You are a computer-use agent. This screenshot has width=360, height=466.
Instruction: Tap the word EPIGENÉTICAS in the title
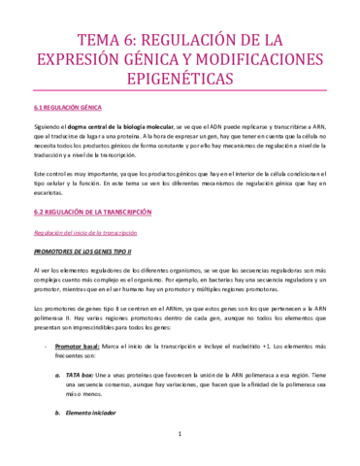(x=180, y=89)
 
